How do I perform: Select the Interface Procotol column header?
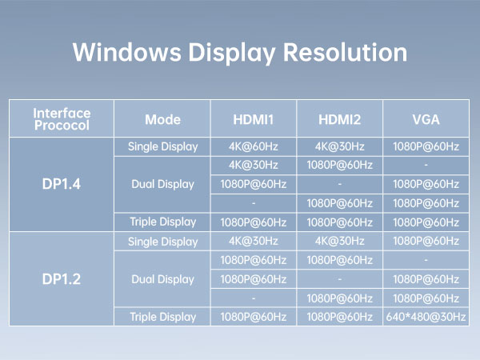click(62, 119)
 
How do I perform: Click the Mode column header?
click(162, 120)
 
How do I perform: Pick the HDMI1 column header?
click(254, 120)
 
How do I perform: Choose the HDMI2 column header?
click(340, 120)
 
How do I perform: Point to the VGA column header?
click(426, 120)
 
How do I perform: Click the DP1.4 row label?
click(62, 184)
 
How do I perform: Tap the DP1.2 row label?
click(62, 279)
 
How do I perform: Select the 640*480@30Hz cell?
click(426, 317)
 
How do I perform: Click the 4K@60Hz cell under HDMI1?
click(254, 146)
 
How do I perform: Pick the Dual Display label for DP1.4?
click(162, 184)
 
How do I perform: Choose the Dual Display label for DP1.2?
click(162, 279)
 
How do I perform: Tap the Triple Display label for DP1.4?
click(162, 222)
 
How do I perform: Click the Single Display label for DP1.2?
click(162, 241)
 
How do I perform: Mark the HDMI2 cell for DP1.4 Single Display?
click(340, 146)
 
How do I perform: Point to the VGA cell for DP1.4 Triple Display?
click(426, 222)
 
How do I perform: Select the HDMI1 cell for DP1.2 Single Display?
click(254, 241)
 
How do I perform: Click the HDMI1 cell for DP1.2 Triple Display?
click(254, 317)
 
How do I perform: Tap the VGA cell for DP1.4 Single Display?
click(426, 146)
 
